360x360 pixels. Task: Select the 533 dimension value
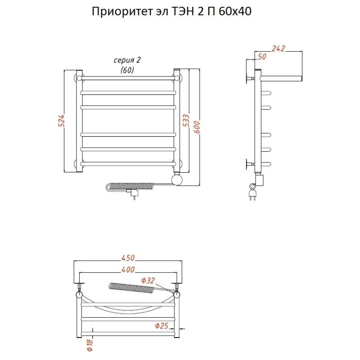point(186,120)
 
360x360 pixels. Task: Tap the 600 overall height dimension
point(197,127)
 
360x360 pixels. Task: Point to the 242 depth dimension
point(278,49)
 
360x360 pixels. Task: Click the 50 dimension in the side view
point(262,57)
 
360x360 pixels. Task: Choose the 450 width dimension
point(128,258)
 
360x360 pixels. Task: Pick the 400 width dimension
point(128,269)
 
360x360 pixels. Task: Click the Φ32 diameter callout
point(148,280)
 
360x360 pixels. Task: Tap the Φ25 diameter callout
point(162,325)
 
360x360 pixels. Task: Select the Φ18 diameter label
point(90,345)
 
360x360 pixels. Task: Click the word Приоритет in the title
point(121,11)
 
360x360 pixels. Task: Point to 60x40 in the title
point(235,11)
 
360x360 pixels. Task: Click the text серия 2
point(127,60)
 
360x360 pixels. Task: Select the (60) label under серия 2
point(127,70)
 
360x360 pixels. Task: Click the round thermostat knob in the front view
point(177,179)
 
